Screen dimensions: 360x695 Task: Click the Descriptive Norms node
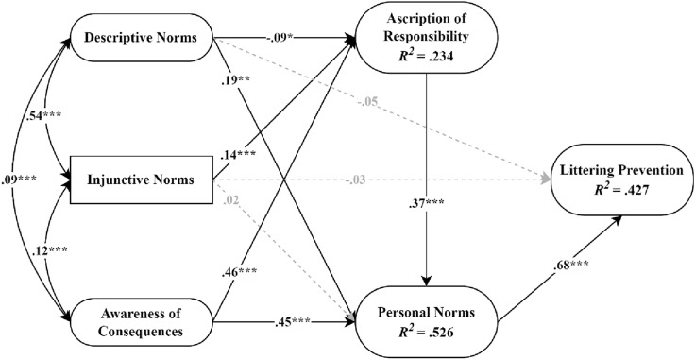coord(140,41)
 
